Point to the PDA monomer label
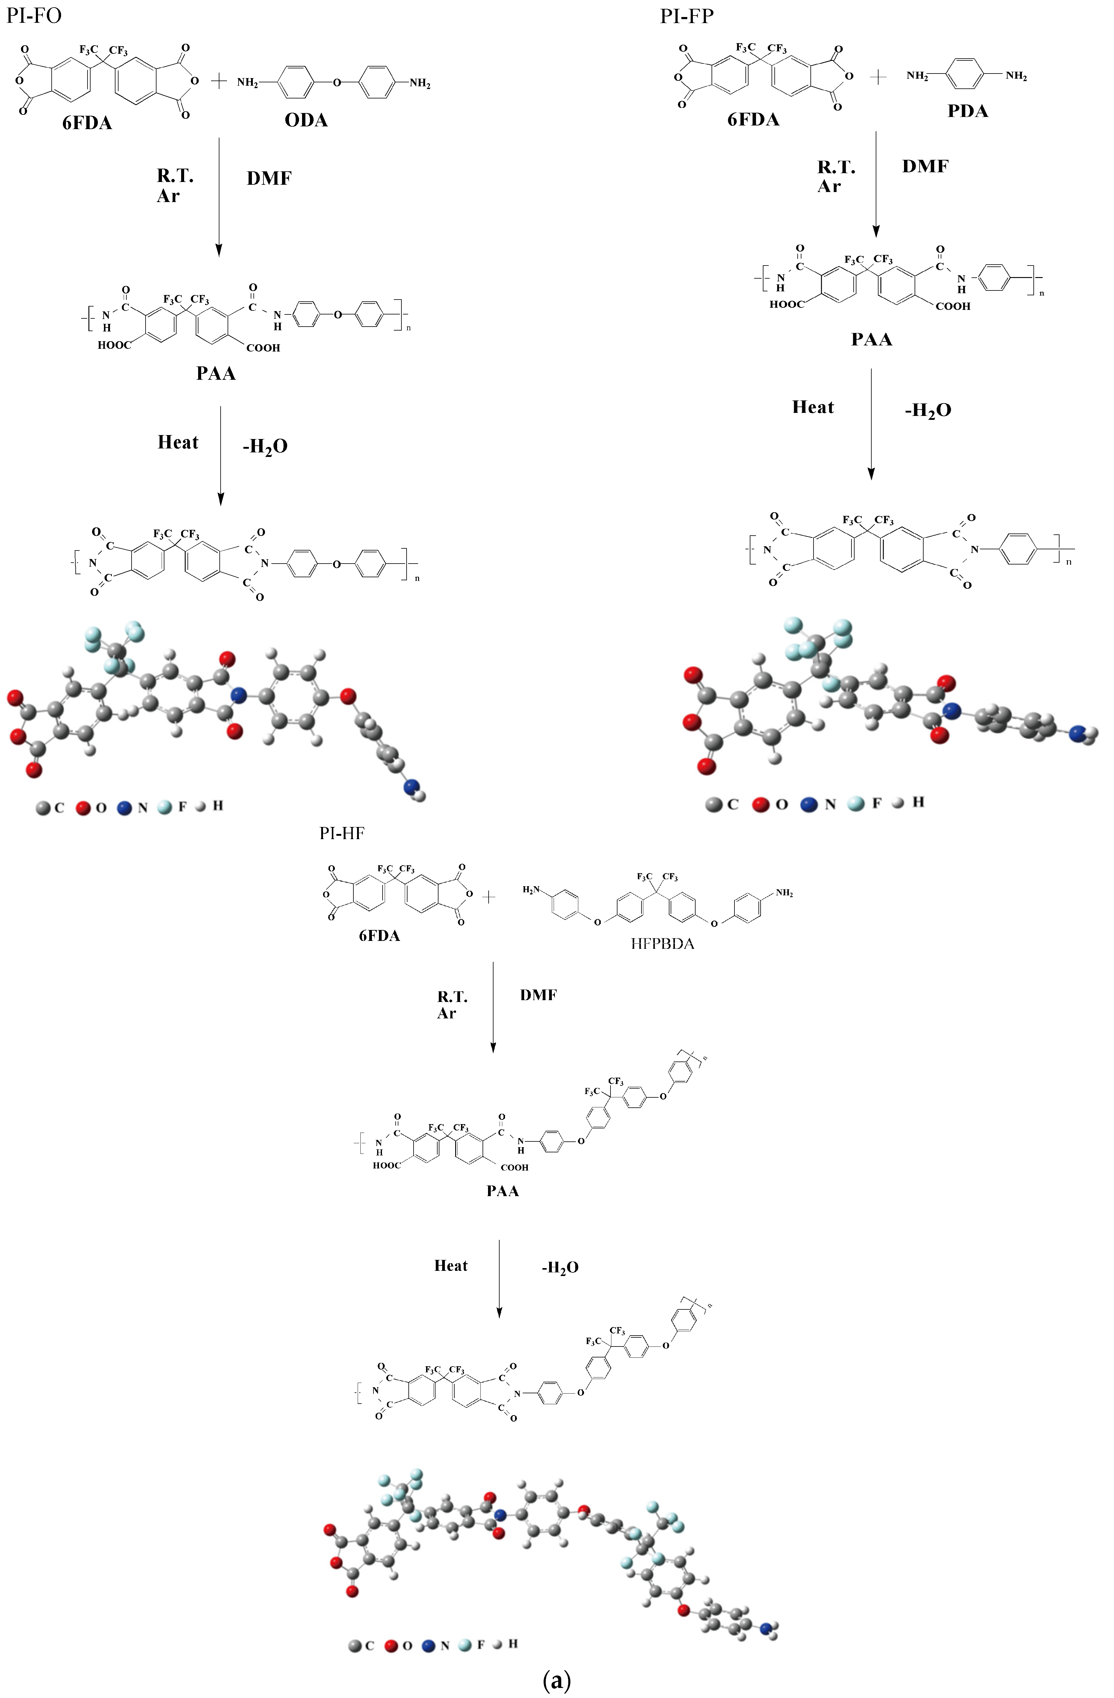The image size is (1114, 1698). click(x=968, y=111)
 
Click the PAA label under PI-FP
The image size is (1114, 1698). click(x=872, y=340)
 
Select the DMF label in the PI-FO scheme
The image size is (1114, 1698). click(x=269, y=178)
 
